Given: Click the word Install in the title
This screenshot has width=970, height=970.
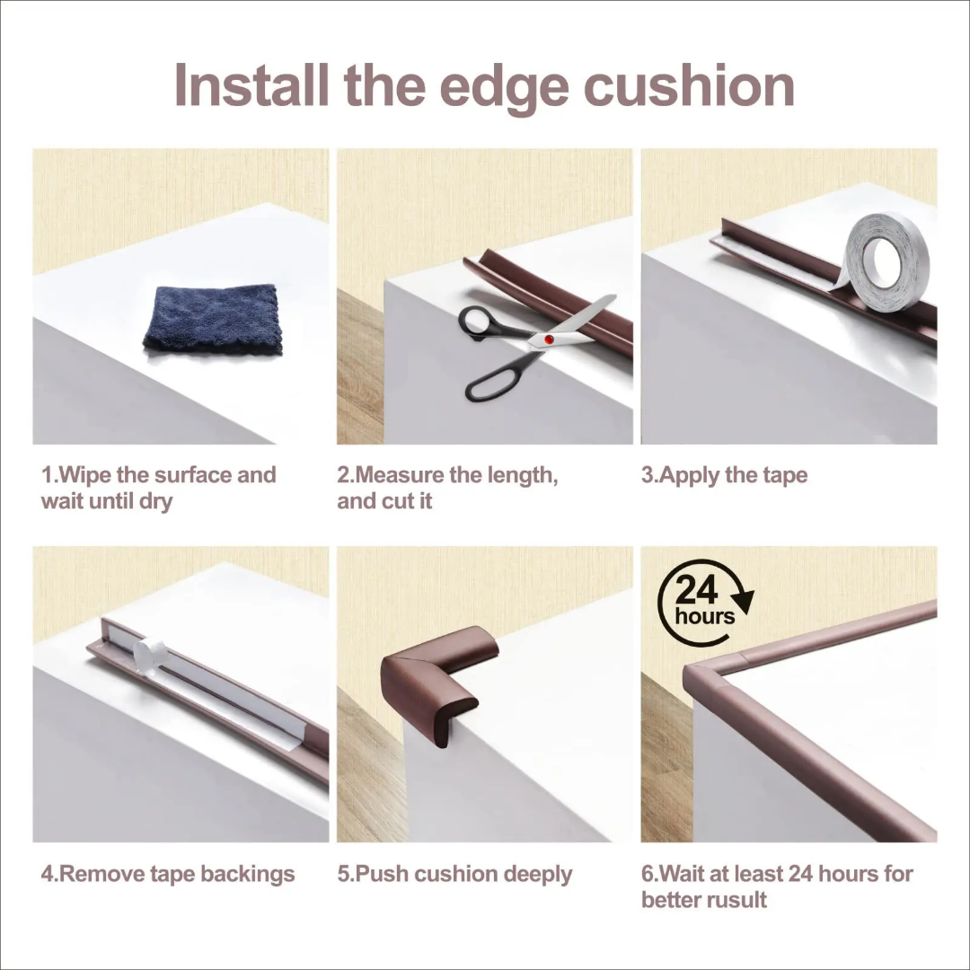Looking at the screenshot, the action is click(x=251, y=84).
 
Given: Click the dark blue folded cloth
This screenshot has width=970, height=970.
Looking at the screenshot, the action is click(x=214, y=319).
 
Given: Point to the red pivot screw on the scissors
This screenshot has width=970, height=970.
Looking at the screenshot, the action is click(x=549, y=339).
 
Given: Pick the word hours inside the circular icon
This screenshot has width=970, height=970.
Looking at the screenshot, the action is click(x=705, y=616).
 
